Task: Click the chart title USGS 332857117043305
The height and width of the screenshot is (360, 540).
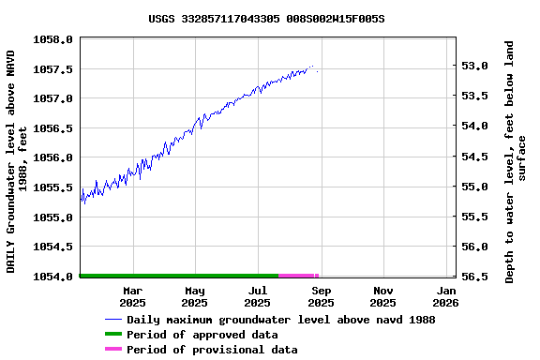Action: point(266,19)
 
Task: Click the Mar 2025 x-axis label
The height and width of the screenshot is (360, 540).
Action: point(132,296)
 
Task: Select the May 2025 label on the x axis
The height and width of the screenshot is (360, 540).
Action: point(194,296)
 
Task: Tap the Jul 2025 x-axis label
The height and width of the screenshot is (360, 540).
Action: point(257,296)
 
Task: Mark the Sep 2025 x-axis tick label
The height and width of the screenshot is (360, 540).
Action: point(321,296)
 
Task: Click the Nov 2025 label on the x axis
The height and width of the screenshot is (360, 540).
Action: point(382,296)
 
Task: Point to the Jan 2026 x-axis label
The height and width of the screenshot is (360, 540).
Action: point(445,296)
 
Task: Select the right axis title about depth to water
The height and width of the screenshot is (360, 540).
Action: point(516,161)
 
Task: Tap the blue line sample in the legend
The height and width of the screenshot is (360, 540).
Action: point(112,320)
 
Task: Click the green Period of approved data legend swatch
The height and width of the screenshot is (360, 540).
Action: point(112,335)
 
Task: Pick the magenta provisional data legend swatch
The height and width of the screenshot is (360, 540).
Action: point(112,350)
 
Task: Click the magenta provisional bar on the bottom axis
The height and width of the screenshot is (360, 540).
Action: point(298,276)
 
